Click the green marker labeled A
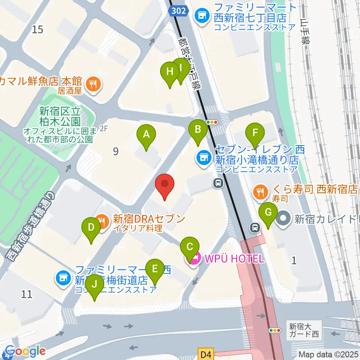(x=146, y=134)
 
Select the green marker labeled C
(x=190, y=247)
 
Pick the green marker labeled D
(x=91, y=227)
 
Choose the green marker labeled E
(x=154, y=268)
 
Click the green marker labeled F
(x=255, y=133)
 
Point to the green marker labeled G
(x=268, y=212)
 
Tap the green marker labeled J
(x=94, y=284)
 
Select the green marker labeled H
(x=170, y=71)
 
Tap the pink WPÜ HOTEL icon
(x=193, y=258)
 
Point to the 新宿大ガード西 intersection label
(x=304, y=330)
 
